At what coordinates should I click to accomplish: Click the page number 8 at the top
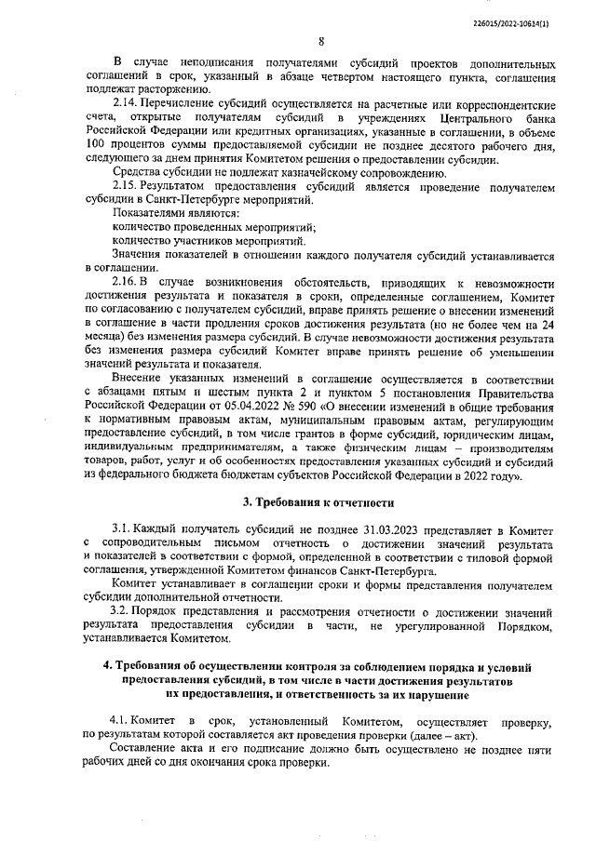point(320,41)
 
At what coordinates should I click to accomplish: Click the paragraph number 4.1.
point(121,722)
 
